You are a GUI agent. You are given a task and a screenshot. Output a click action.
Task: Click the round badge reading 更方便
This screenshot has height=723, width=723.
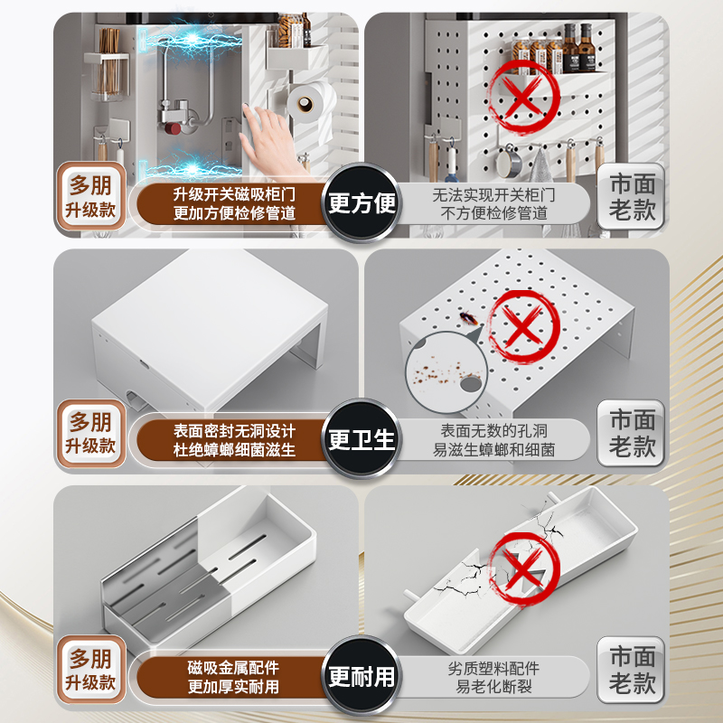coord(361,202)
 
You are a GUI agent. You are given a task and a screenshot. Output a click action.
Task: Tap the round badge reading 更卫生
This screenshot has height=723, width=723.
coord(361,440)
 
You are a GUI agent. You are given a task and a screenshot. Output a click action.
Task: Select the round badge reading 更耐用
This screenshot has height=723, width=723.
coord(361,677)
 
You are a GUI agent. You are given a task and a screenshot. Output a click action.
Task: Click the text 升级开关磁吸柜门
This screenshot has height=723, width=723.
coord(235,192)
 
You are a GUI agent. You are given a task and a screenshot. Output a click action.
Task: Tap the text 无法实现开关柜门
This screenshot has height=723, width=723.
coord(493,192)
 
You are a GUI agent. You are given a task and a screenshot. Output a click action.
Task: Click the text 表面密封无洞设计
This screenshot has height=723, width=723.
coord(235,430)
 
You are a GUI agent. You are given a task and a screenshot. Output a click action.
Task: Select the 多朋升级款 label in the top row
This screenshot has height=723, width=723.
coord(89,198)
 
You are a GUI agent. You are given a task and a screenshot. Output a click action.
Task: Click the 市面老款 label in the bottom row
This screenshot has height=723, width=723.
coord(632,671)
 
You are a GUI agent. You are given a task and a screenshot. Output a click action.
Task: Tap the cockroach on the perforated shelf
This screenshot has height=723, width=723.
coord(468,318)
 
